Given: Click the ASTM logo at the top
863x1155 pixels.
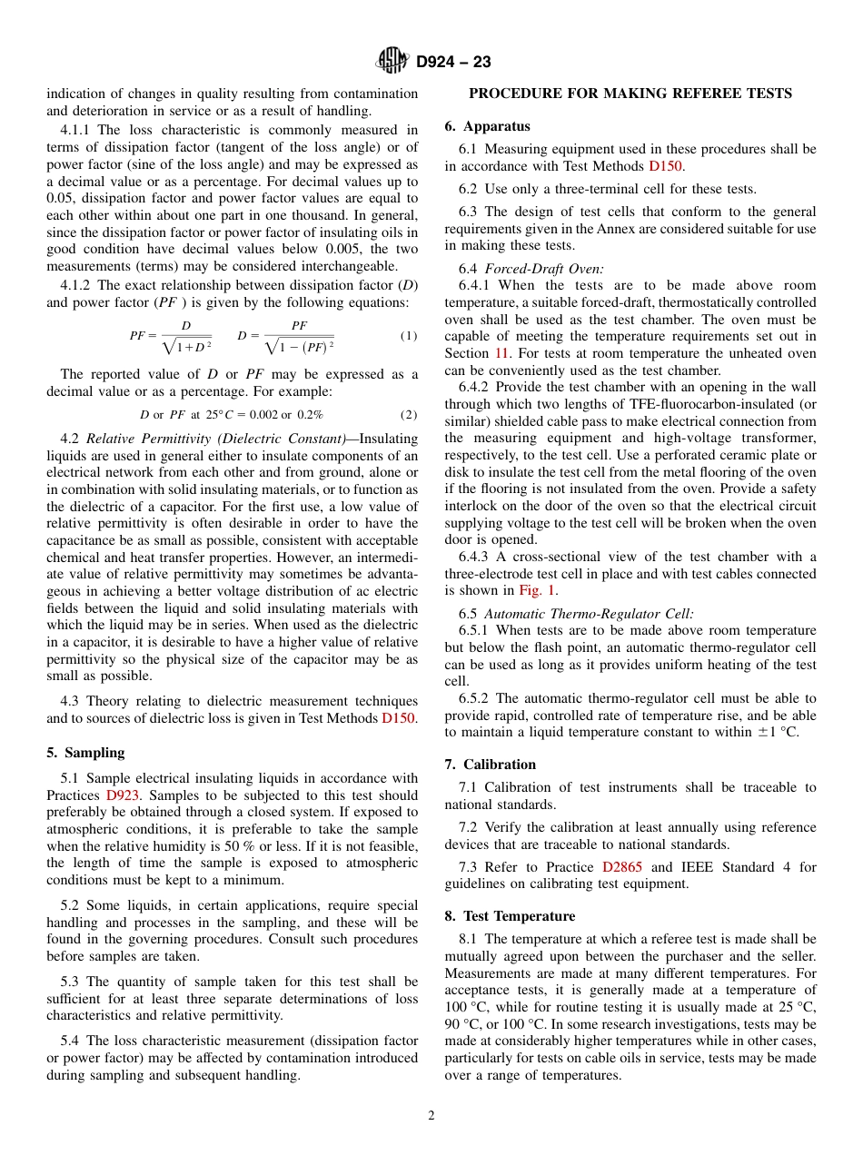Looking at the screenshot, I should coord(393,62).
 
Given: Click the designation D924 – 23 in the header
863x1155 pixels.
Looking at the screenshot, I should coord(453,63).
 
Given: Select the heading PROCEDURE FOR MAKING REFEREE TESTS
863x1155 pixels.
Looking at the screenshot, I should coord(630,94).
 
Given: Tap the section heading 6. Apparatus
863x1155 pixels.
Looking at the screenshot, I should coord(487,126).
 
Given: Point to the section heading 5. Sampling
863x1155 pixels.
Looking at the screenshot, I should coord(85,753).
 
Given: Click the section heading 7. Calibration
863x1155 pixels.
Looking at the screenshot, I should coord(490,765).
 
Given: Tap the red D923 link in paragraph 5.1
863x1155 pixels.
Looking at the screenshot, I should coord(124,795).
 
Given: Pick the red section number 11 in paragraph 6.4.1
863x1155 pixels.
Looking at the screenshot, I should coord(501,353).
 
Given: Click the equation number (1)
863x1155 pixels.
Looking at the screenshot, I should coord(409,336).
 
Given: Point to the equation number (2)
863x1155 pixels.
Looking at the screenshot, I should coord(409,415).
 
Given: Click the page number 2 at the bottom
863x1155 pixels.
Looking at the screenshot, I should coord(431,1116).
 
